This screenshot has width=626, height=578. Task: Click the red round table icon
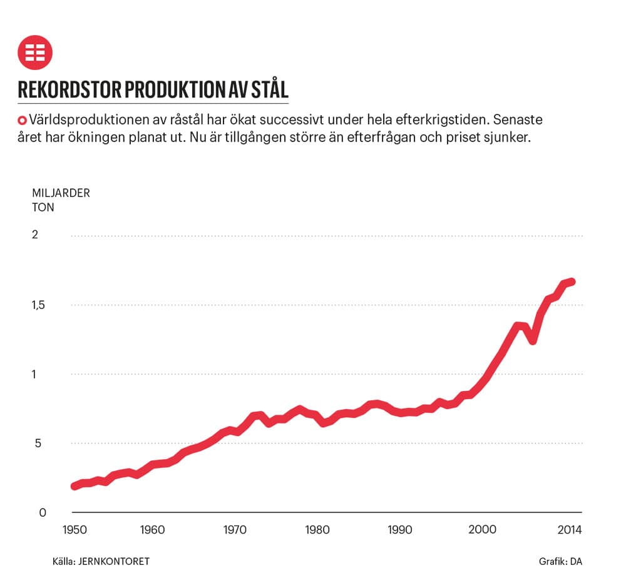tap(34, 53)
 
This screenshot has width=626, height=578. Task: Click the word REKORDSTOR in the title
tap(69, 89)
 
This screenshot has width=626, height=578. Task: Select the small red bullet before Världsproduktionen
tap(22, 120)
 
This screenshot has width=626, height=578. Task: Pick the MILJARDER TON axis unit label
tap(61, 200)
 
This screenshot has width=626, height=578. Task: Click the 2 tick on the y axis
tap(35, 235)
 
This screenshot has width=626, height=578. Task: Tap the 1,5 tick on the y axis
tap(39, 305)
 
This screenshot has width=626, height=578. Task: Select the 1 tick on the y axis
tap(34, 374)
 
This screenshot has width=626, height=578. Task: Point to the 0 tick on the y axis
tap(43, 512)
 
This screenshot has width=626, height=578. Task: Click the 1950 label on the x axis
tap(74, 530)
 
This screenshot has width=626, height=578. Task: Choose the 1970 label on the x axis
tap(235, 530)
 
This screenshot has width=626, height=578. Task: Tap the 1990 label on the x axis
tap(399, 530)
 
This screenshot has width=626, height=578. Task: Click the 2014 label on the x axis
tap(570, 530)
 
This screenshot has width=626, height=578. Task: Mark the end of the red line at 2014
tap(572, 282)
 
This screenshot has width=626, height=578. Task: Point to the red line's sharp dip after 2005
tap(533, 341)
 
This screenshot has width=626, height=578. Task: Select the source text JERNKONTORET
tap(114, 561)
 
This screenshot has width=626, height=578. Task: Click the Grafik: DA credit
tap(560, 561)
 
